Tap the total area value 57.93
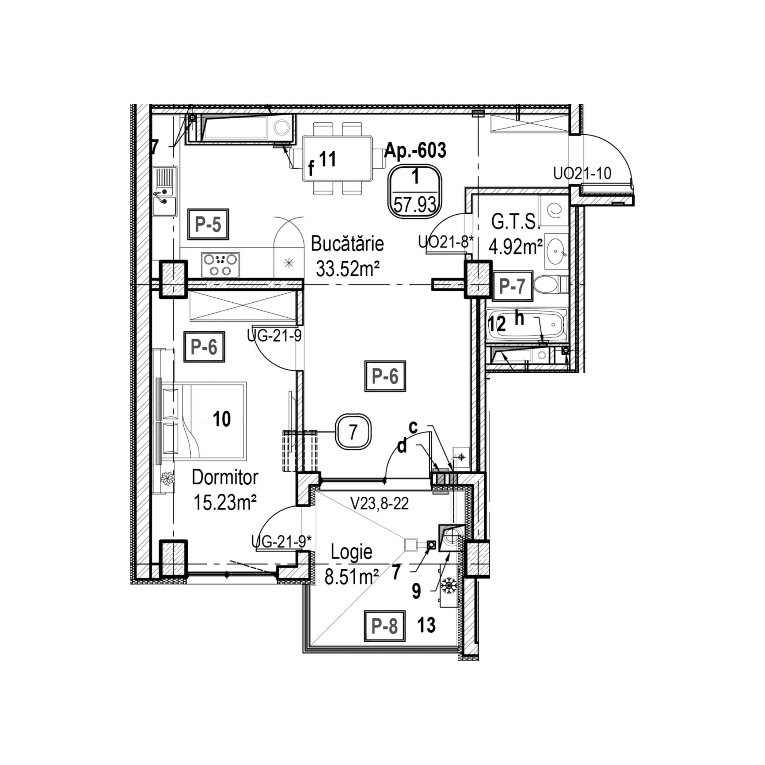click(x=415, y=205)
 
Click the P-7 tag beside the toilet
click(x=512, y=285)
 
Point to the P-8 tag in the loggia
click(x=384, y=626)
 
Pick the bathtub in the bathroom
click(x=527, y=325)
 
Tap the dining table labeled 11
click(x=337, y=159)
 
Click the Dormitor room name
click(x=225, y=478)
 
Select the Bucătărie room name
click(x=347, y=244)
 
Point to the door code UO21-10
click(x=582, y=174)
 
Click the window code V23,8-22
click(x=379, y=504)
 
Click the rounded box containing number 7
click(x=353, y=431)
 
